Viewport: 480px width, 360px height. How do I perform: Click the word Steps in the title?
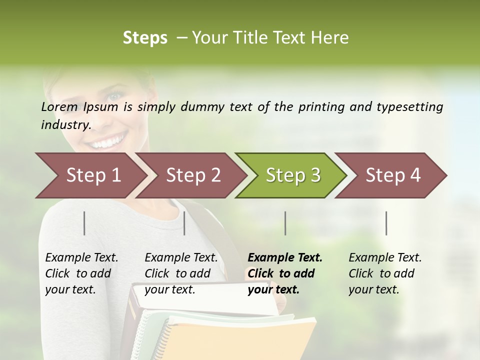click(x=145, y=37)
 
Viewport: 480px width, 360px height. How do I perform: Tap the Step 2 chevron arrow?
click(x=193, y=175)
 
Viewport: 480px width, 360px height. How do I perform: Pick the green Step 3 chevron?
click(x=293, y=175)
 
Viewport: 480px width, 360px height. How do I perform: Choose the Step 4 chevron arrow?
click(x=393, y=175)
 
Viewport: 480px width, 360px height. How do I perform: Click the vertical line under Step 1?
click(x=84, y=223)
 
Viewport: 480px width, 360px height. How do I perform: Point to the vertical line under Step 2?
click(x=184, y=223)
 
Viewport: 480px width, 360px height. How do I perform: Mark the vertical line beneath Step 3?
click(x=285, y=223)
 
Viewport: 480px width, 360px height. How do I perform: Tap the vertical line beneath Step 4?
click(x=386, y=223)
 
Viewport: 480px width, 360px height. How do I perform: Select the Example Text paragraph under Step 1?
click(x=81, y=273)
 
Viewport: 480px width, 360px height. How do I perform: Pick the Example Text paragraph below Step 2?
click(x=181, y=273)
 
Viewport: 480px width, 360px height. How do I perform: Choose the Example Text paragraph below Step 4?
click(x=385, y=273)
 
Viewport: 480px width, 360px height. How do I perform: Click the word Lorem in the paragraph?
click(x=59, y=106)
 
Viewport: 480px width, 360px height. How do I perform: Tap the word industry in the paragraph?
click(x=65, y=124)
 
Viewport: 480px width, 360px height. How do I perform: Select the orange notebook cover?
click(x=240, y=340)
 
